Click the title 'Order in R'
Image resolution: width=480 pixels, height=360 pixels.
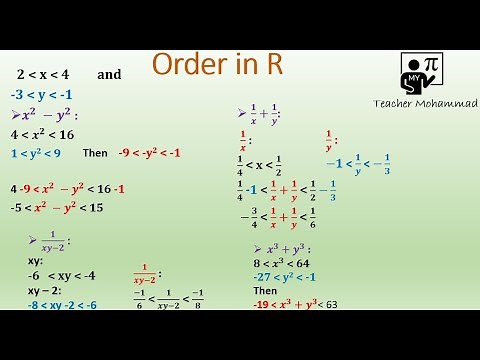click(218, 66)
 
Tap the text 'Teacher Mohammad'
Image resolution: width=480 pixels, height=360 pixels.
click(425, 103)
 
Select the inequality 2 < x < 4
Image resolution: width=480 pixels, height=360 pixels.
click(42, 75)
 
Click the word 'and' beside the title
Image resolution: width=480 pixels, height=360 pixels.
click(109, 75)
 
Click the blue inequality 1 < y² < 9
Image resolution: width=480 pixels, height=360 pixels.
click(36, 153)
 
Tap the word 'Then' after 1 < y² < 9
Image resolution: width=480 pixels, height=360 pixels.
click(94, 154)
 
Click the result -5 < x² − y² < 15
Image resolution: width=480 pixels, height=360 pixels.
click(57, 208)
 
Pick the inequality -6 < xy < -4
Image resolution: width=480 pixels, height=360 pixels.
click(47, 275)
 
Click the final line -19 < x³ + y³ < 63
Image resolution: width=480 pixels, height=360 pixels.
click(295, 304)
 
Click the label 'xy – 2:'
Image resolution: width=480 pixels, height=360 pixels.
click(44, 290)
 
